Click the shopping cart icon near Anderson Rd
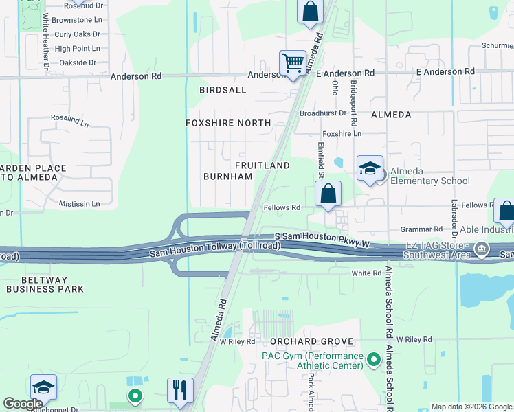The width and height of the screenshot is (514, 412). pyautogui.click(x=293, y=62)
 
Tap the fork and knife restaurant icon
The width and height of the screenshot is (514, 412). pyautogui.click(x=180, y=390)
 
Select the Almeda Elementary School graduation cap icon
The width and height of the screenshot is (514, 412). pyautogui.click(x=370, y=169)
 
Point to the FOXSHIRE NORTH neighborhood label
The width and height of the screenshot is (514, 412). pyautogui.click(x=227, y=123)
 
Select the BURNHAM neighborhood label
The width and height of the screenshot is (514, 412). pyautogui.click(x=227, y=176)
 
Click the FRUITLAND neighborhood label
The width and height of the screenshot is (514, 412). pyautogui.click(x=262, y=165)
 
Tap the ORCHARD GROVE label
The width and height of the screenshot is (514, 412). pyautogui.click(x=311, y=341)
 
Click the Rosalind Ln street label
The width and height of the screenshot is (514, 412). pyautogui.click(x=69, y=118)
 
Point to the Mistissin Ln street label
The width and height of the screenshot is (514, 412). pyautogui.click(x=79, y=204)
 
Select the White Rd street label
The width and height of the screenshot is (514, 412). pyautogui.click(x=366, y=273)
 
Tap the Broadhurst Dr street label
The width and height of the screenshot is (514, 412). pyautogui.click(x=321, y=113)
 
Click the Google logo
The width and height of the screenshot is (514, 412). pyautogui.click(x=23, y=404)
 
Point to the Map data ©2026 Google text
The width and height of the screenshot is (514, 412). pyautogui.click(x=471, y=407)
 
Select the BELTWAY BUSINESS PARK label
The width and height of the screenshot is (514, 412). pyautogui.click(x=45, y=285)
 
